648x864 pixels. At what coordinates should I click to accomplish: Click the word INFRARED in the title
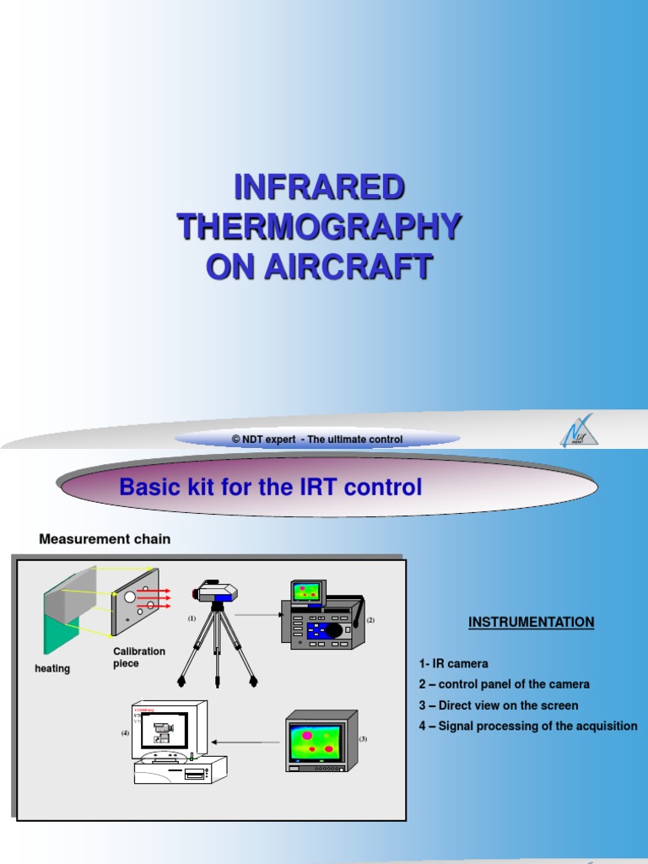tap(319, 187)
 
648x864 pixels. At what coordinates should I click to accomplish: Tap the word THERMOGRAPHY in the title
tap(319, 227)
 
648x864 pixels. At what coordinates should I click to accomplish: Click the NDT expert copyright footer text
tap(317, 440)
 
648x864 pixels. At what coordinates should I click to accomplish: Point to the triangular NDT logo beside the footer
tap(580, 432)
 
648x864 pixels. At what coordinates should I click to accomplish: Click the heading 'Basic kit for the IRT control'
tap(270, 488)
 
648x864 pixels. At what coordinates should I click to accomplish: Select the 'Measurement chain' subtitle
tap(105, 539)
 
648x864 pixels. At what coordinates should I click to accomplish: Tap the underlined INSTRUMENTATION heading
tap(531, 623)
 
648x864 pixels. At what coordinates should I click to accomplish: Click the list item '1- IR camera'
tap(453, 664)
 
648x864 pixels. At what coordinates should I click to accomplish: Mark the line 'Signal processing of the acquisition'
tap(527, 726)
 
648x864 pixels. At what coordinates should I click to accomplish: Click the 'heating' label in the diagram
tap(52, 668)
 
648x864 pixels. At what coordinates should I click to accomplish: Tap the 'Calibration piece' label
tap(139, 657)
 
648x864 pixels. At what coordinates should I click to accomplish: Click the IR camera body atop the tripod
tap(217, 594)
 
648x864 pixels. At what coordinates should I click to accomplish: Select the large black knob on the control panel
tap(335, 629)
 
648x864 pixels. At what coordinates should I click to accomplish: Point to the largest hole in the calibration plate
tap(129, 597)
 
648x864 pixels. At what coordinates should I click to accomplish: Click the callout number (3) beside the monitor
tap(364, 738)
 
